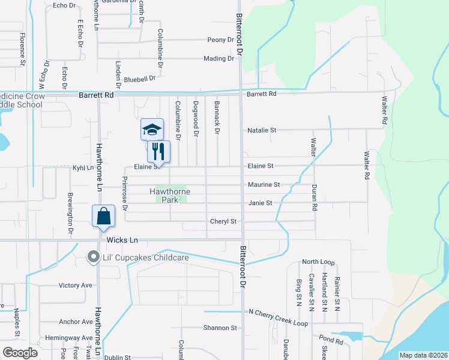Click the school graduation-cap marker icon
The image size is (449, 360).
point(152,129)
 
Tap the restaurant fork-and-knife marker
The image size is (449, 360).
point(159,151)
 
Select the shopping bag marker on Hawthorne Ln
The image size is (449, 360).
point(104,216)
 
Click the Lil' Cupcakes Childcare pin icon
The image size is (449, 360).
point(93,257)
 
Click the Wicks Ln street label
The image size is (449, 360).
point(122,240)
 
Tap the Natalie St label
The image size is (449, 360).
point(262,130)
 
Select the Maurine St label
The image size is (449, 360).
point(264,185)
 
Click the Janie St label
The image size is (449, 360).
point(261,203)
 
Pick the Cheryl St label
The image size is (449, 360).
point(223,221)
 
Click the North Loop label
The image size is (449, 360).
point(318,262)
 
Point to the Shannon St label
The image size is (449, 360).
point(220,328)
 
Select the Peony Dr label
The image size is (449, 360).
point(220,40)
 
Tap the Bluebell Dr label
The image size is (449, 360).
point(140,78)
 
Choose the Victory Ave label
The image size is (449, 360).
point(76,285)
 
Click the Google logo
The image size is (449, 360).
point(20,353)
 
